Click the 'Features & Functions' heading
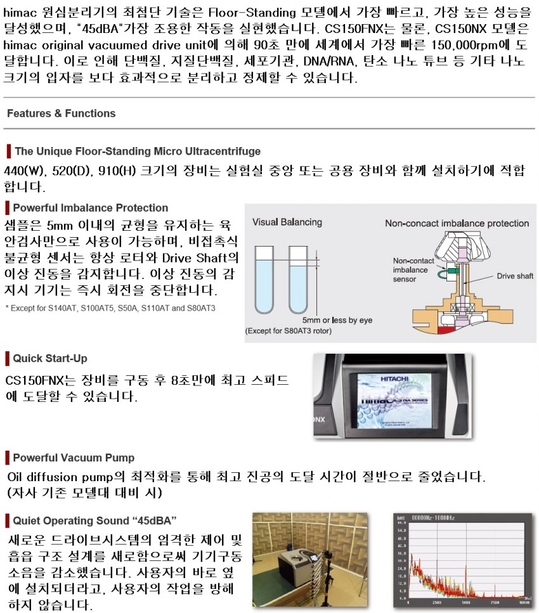click(62, 113)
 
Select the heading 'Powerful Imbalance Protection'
click(90, 208)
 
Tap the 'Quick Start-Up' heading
click(50, 358)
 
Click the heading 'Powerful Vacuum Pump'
click(74, 458)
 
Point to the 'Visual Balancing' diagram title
click(287, 223)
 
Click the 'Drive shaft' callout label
click(515, 276)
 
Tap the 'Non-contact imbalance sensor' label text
click(413, 270)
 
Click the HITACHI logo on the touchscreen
click(394, 378)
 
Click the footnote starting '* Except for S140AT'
click(110, 308)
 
